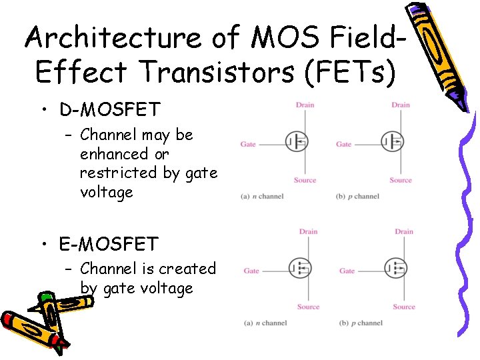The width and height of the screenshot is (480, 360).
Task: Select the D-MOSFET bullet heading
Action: coord(108,109)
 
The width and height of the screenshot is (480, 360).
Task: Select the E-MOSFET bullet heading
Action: coord(109,244)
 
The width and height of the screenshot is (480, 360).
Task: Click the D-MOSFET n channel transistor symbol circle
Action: coord(297,141)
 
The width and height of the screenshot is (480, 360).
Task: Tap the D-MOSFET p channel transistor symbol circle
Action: coord(392,141)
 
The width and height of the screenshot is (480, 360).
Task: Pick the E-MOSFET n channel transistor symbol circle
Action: coord(300,269)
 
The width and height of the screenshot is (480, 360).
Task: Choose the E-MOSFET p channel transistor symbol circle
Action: coord(395,269)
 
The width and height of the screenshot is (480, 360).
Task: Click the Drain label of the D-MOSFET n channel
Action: coord(305,105)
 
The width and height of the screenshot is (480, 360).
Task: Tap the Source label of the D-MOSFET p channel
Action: coord(401,180)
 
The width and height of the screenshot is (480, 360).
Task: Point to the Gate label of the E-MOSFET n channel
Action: coord(251,271)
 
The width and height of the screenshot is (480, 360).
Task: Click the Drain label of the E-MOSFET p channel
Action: coord(404,231)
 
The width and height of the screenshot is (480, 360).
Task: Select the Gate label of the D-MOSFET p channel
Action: coord(344,144)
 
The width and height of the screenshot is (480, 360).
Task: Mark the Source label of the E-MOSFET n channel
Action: coord(308,307)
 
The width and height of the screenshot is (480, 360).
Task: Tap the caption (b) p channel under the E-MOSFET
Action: coord(361,323)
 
